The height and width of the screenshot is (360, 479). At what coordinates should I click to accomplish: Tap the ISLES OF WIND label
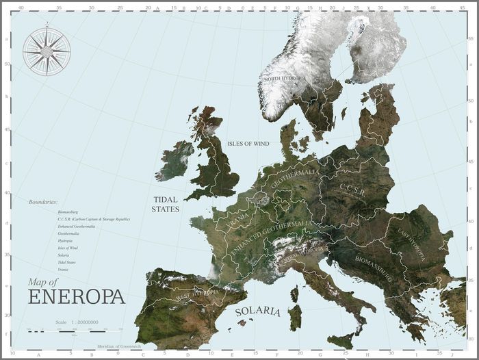point(248,144)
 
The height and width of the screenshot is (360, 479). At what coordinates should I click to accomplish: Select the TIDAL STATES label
point(165,204)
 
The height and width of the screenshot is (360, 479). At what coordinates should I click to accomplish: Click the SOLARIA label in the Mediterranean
point(257,311)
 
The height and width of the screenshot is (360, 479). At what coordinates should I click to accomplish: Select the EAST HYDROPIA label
point(411,243)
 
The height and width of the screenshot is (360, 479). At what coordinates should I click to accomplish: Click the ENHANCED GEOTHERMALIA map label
point(271,237)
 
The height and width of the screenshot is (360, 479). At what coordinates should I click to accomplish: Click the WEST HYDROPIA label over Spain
point(198,294)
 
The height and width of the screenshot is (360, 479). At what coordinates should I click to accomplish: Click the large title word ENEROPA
point(76,297)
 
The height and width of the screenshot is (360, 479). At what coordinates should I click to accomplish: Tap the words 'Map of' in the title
point(42,281)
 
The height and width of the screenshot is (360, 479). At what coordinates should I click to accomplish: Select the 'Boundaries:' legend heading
point(43,202)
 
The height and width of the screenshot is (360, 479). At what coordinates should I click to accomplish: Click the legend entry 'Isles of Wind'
point(68,248)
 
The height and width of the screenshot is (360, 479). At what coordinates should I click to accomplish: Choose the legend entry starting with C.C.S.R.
point(93,219)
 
